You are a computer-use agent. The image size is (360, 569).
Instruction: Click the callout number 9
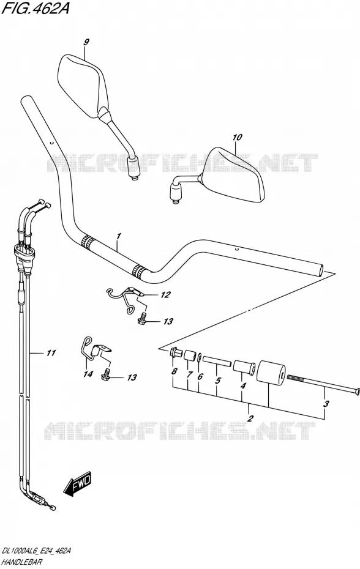tap(86, 42)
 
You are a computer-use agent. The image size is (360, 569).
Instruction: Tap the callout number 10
tap(237, 138)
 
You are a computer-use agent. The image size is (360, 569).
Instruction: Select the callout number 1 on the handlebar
tap(118, 237)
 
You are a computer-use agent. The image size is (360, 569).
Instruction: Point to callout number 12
tap(165, 295)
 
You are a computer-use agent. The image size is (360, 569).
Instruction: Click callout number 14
tap(89, 374)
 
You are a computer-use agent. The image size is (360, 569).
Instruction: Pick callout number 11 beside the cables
tap(50, 352)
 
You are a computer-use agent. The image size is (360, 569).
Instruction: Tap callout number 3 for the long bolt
tap(326, 404)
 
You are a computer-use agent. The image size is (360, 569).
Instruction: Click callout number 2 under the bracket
tap(250, 418)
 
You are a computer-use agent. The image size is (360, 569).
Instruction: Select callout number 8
tap(174, 371)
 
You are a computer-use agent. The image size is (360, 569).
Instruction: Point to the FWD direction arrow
tap(77, 484)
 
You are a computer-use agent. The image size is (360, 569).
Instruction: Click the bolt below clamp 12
tap(141, 318)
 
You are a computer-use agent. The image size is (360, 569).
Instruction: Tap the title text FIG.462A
tap(35, 8)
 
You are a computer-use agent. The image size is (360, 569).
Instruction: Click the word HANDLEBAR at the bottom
tap(22, 562)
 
